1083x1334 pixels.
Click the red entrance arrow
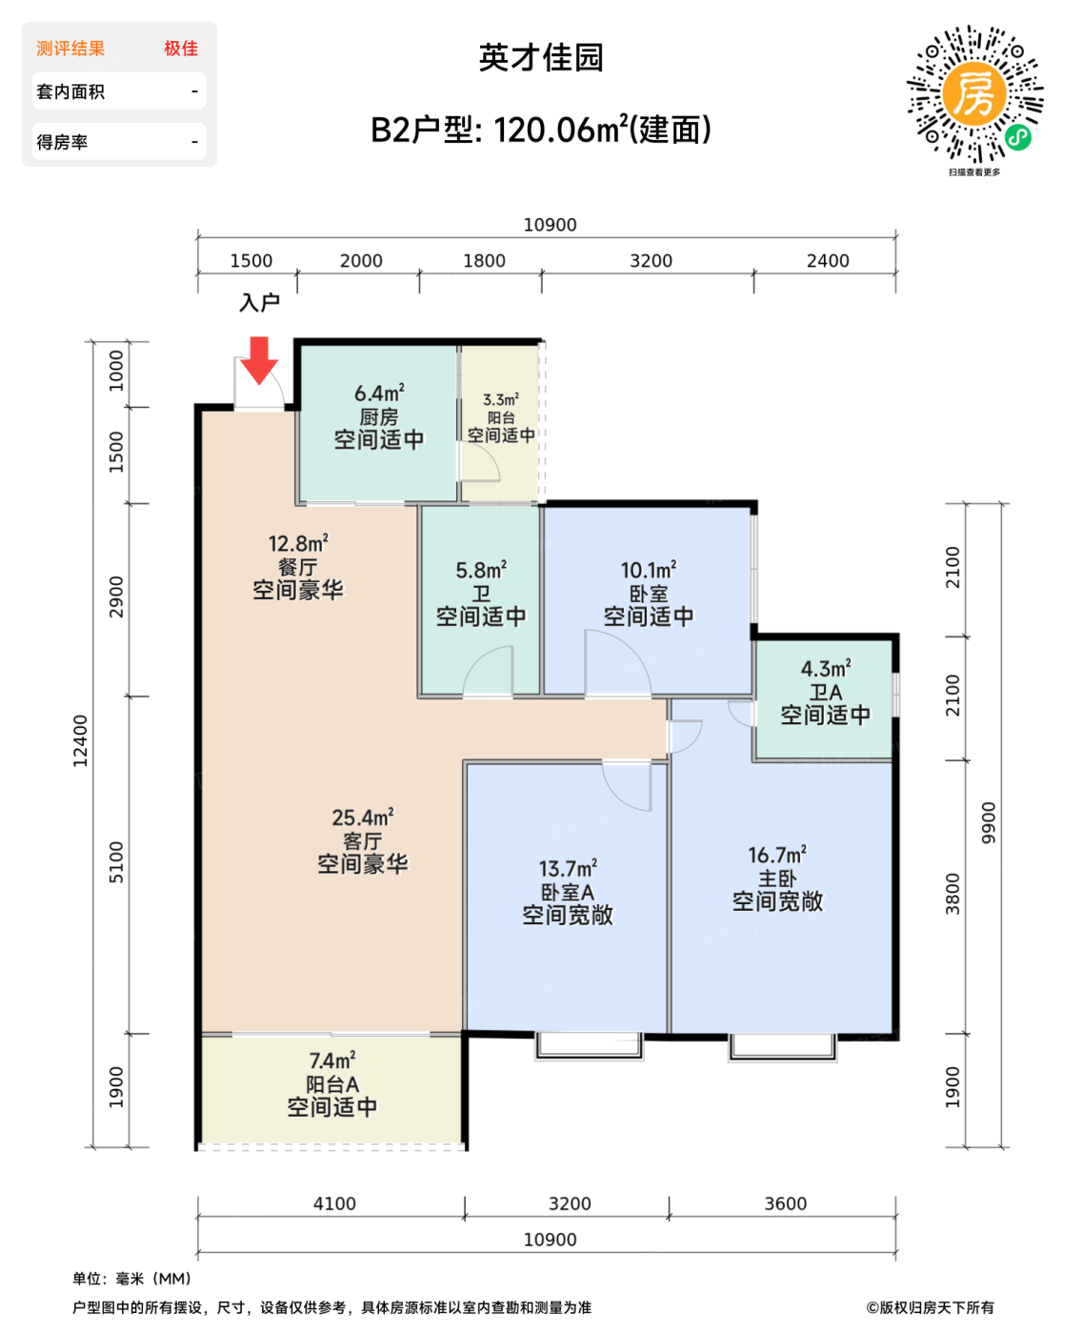(259, 359)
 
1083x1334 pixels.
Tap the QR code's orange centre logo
(973, 93)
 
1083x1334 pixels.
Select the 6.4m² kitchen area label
(379, 394)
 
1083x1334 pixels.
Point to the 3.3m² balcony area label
(501, 399)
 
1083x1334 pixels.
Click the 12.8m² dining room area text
(298, 544)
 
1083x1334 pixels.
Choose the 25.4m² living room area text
(363, 818)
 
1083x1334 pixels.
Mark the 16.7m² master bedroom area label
(777, 855)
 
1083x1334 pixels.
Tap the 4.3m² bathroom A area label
(826, 669)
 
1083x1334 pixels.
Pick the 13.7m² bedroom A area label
(568, 869)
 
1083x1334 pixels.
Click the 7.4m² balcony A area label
(332, 1061)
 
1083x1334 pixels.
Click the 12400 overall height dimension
(80, 741)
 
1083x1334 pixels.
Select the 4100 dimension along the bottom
(334, 1203)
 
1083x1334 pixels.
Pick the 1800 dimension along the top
(484, 260)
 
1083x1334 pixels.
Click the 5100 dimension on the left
(116, 862)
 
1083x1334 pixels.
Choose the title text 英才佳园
(541, 57)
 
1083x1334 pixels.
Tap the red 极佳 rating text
(181, 49)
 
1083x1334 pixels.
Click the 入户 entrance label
(259, 303)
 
